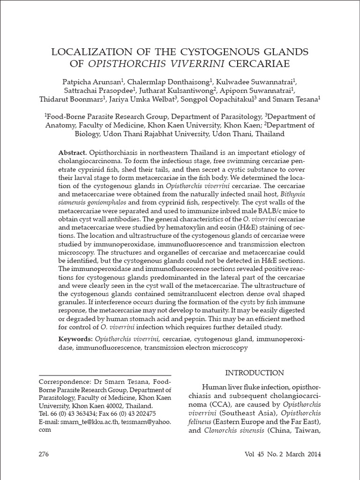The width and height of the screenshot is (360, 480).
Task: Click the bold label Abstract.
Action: pyautogui.click(x=72, y=153)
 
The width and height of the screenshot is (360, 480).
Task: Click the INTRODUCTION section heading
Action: pyautogui.click(x=255, y=373)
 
